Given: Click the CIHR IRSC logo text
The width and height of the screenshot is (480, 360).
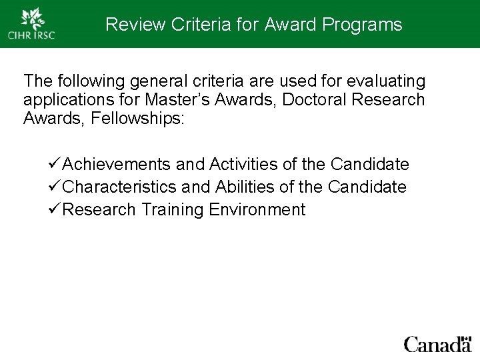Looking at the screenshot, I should coord(31,35).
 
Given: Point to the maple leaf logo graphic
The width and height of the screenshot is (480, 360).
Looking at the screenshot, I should coord(31,17).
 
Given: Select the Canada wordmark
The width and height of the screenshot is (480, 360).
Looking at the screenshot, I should coord(437,345).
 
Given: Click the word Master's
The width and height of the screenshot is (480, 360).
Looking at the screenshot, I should coord(183,100).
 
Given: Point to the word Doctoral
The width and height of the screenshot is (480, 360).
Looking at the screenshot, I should coord(311,100).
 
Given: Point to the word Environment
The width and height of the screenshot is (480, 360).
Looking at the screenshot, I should coord(257,210).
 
